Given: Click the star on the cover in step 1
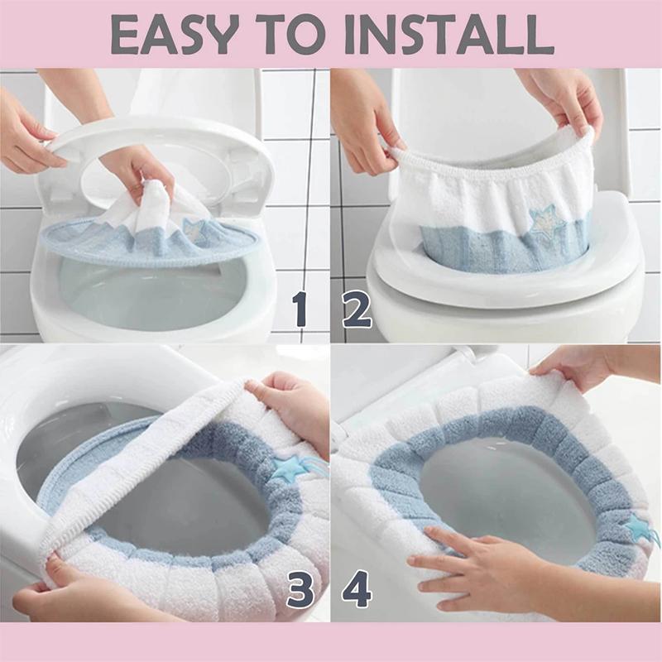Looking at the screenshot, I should pos(193,227).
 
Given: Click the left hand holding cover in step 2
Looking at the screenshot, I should pos(364,132).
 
